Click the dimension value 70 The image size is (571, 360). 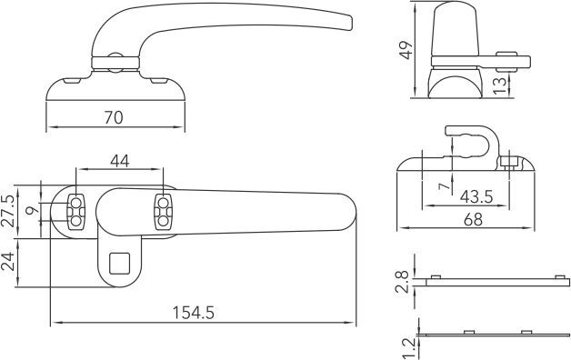click(113, 117)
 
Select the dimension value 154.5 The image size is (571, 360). click(194, 312)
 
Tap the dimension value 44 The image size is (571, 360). click(119, 161)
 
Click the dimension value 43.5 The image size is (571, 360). click(477, 196)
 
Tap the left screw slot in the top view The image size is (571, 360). click(76, 210)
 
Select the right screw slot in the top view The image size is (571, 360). click(164, 210)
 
